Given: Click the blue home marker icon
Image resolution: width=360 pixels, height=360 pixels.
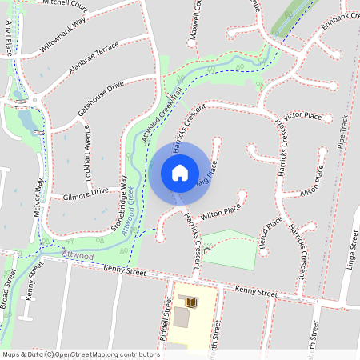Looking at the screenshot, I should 180,173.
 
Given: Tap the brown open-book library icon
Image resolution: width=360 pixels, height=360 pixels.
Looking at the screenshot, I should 191,302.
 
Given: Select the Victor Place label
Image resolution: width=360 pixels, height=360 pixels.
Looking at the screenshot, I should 302,117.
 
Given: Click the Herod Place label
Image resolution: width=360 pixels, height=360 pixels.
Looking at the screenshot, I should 271,232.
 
